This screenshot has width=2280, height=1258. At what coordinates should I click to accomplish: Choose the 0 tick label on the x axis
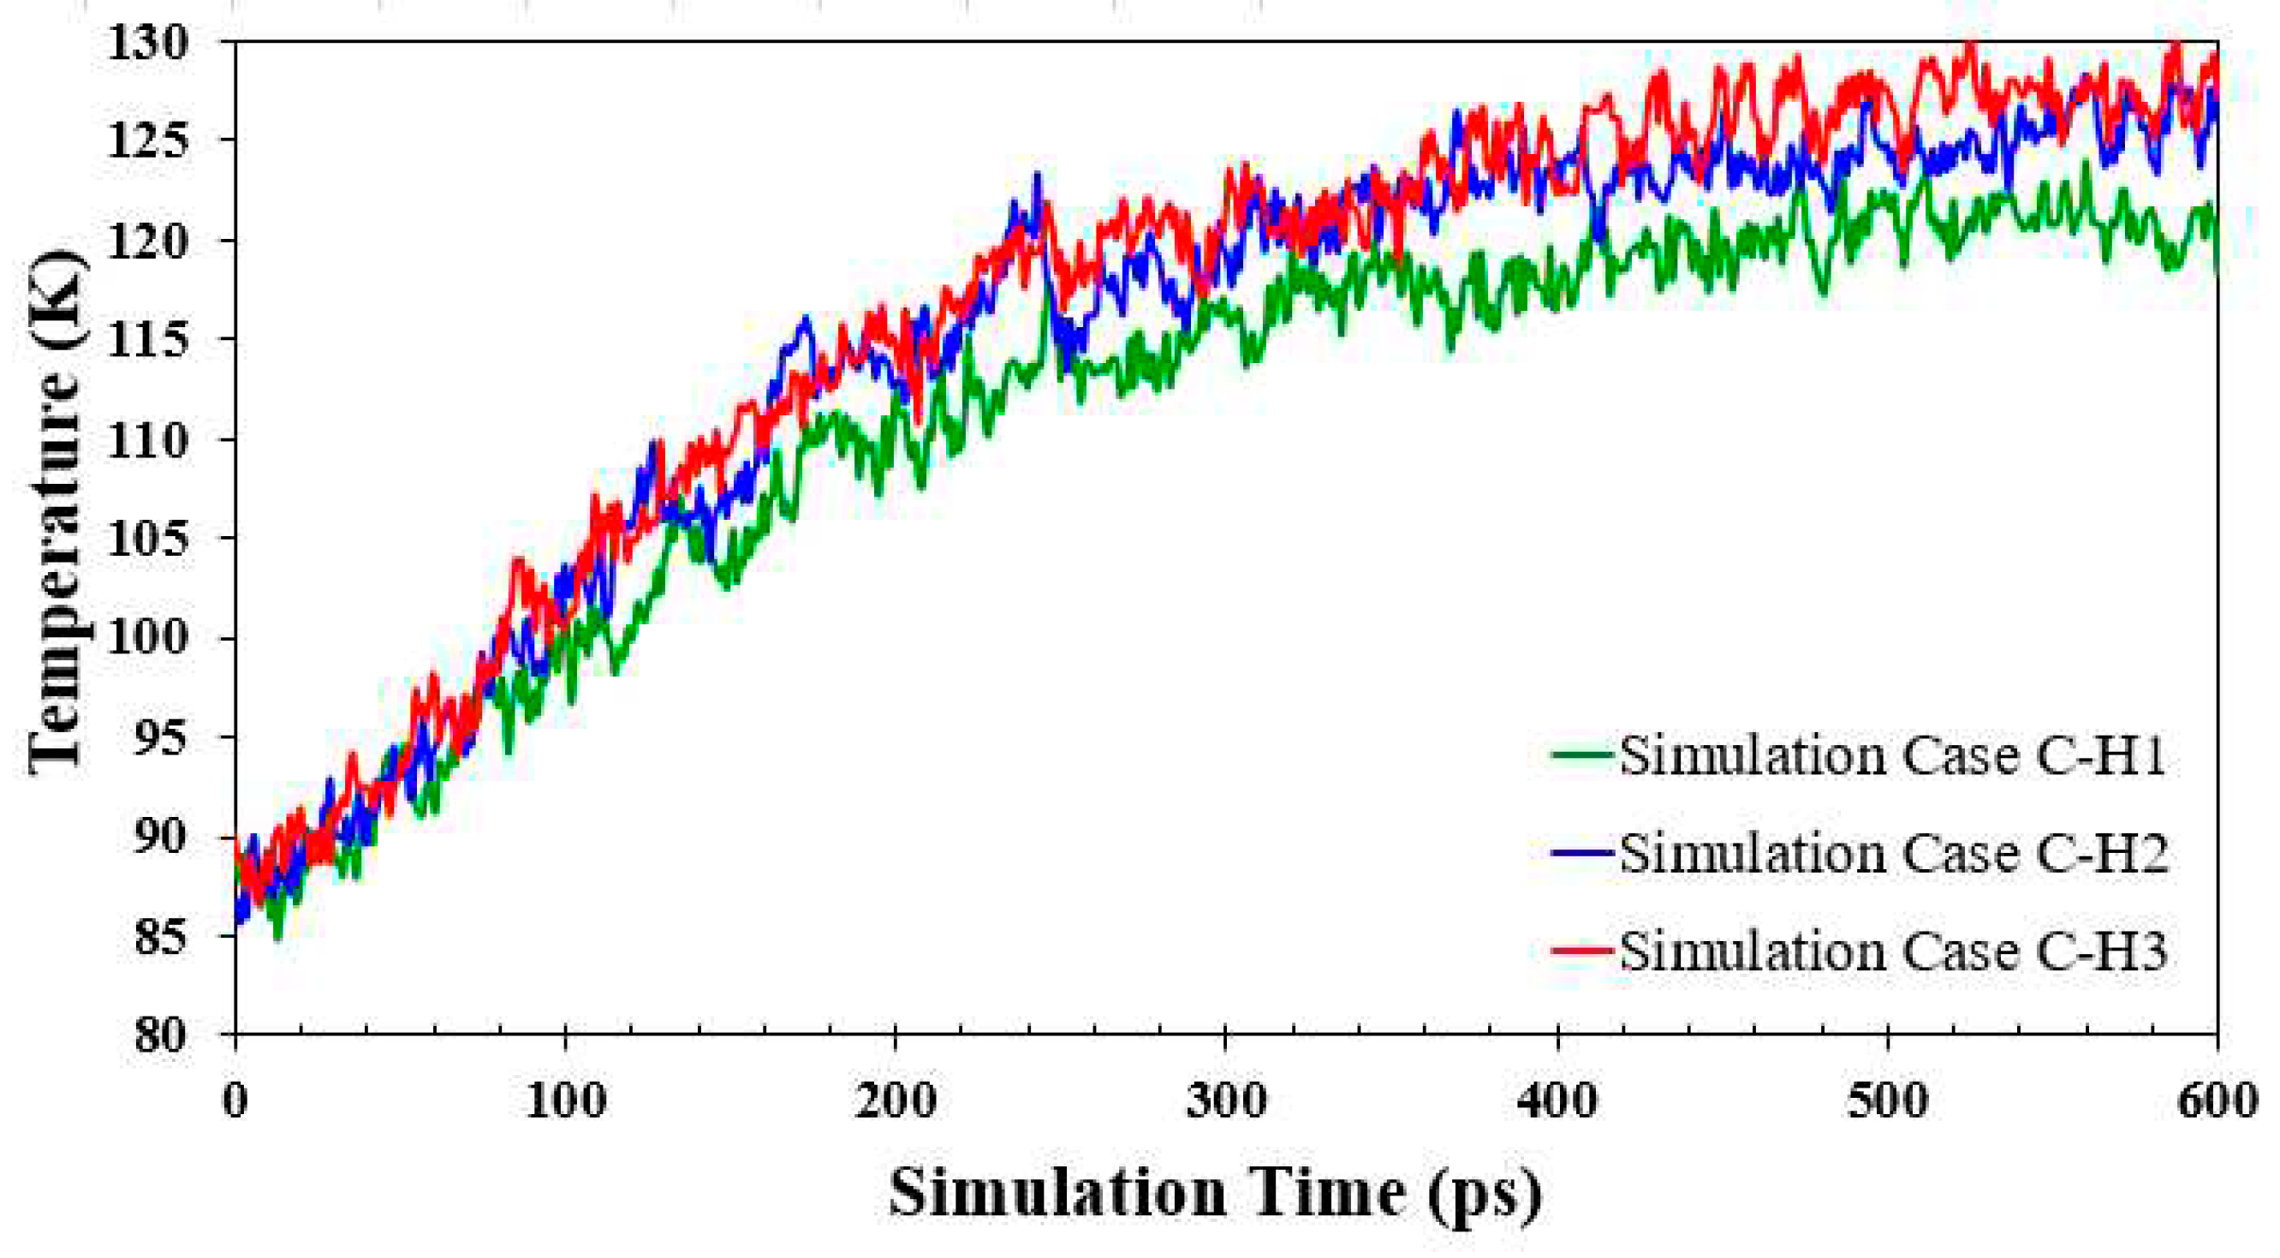235,1101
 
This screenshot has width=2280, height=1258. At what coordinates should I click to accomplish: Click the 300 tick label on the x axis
1226,1101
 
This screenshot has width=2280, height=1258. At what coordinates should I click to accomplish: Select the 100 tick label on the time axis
566,1101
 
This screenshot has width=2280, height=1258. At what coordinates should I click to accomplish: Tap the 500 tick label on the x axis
1887,1101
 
